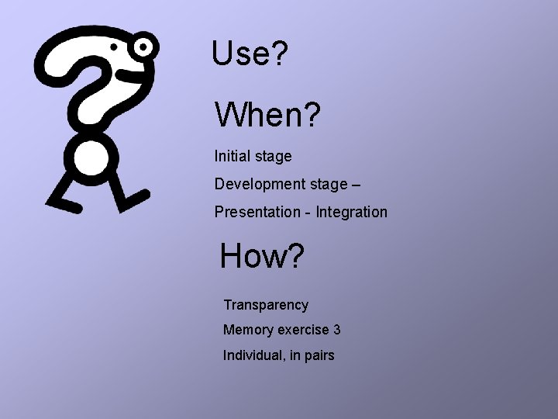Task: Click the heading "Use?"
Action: pyautogui.click(x=250, y=54)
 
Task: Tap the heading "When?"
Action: pyautogui.click(x=267, y=116)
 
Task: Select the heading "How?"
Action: pyautogui.click(x=262, y=257)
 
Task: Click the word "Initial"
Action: pyautogui.click(x=232, y=156)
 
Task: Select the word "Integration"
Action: pyautogui.click(x=352, y=212)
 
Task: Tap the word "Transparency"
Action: pyautogui.click(x=266, y=305)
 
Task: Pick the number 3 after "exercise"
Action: pyautogui.click(x=336, y=330)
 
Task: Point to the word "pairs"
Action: pyautogui.click(x=318, y=356)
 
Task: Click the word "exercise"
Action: pyautogui.click(x=303, y=330)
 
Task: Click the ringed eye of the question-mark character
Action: pyautogui.click(x=143, y=48)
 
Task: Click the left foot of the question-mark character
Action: pyautogui.click(x=64, y=204)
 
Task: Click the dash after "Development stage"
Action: pyautogui.click(x=356, y=185)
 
